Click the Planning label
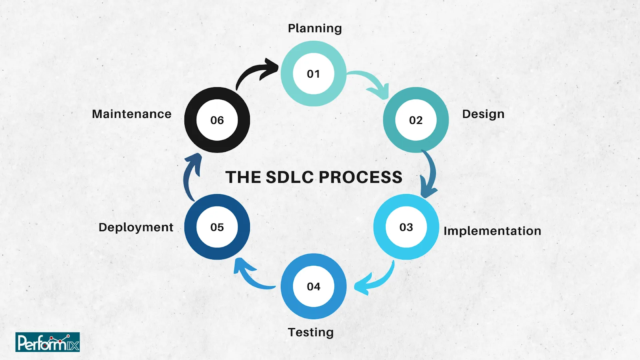click(x=315, y=28)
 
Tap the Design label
click(x=483, y=114)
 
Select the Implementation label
click(x=492, y=231)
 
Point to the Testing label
click(x=311, y=332)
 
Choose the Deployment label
click(x=136, y=227)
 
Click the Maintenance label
click(x=132, y=114)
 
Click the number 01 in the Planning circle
click(x=314, y=74)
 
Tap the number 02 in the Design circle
click(x=416, y=120)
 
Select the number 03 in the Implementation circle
click(x=406, y=227)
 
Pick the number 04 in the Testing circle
click(x=314, y=286)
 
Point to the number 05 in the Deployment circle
click(x=217, y=227)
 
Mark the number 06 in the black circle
click(x=217, y=120)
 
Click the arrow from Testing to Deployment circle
click(x=250, y=276)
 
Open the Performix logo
click(x=48, y=342)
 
